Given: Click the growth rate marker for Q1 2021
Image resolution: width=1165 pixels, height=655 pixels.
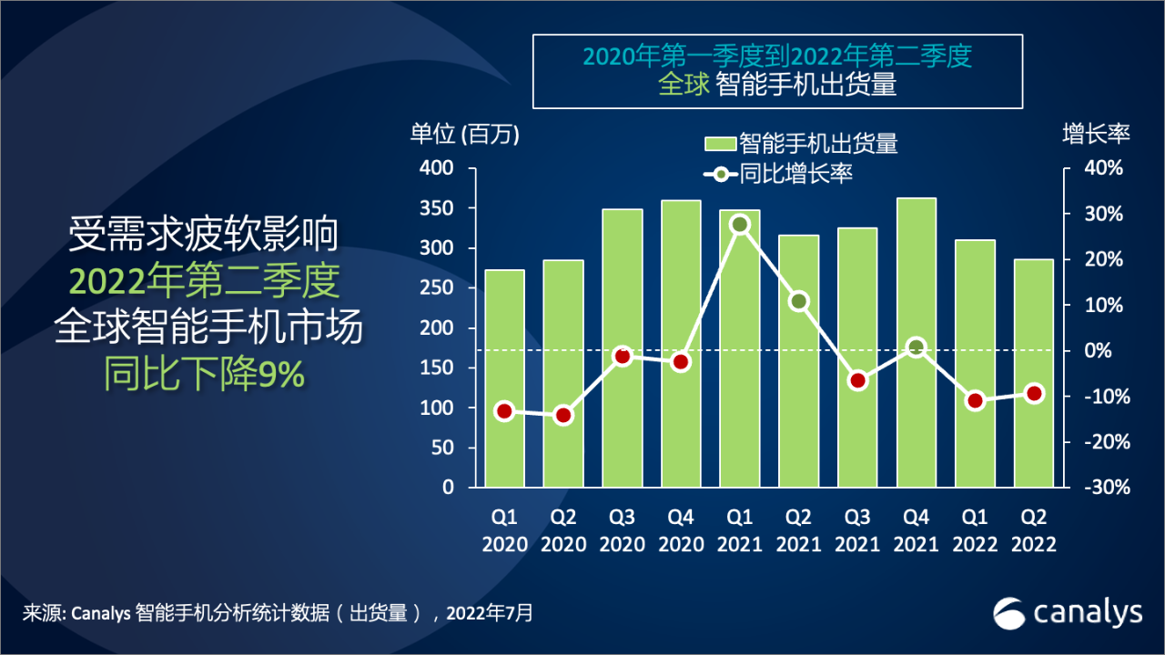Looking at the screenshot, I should pos(740,225).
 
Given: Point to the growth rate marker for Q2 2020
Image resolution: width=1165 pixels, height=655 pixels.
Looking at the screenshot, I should pos(563,416).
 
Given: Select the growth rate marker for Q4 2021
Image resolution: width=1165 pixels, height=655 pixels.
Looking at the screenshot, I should pos(916,347).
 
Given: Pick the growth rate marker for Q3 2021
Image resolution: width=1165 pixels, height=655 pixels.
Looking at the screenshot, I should pos(857,380).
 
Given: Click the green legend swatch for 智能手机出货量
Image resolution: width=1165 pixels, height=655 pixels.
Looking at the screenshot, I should pos(720,144).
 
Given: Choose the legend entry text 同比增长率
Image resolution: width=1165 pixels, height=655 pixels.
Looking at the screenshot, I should pos(795,174).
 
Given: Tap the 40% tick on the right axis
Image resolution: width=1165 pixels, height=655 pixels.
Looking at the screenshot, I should pos(1103,169).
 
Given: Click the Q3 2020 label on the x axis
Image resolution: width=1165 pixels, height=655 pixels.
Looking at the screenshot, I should pos(623,530).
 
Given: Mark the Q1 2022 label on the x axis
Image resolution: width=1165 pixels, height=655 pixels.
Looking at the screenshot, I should pos(974,530).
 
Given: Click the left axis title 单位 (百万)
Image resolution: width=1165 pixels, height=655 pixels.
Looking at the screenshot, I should pos(464,134).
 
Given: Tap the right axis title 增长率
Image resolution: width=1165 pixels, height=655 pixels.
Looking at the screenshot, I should pos(1096,134).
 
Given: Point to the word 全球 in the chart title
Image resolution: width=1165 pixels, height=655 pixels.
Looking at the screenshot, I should pos(684,86).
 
